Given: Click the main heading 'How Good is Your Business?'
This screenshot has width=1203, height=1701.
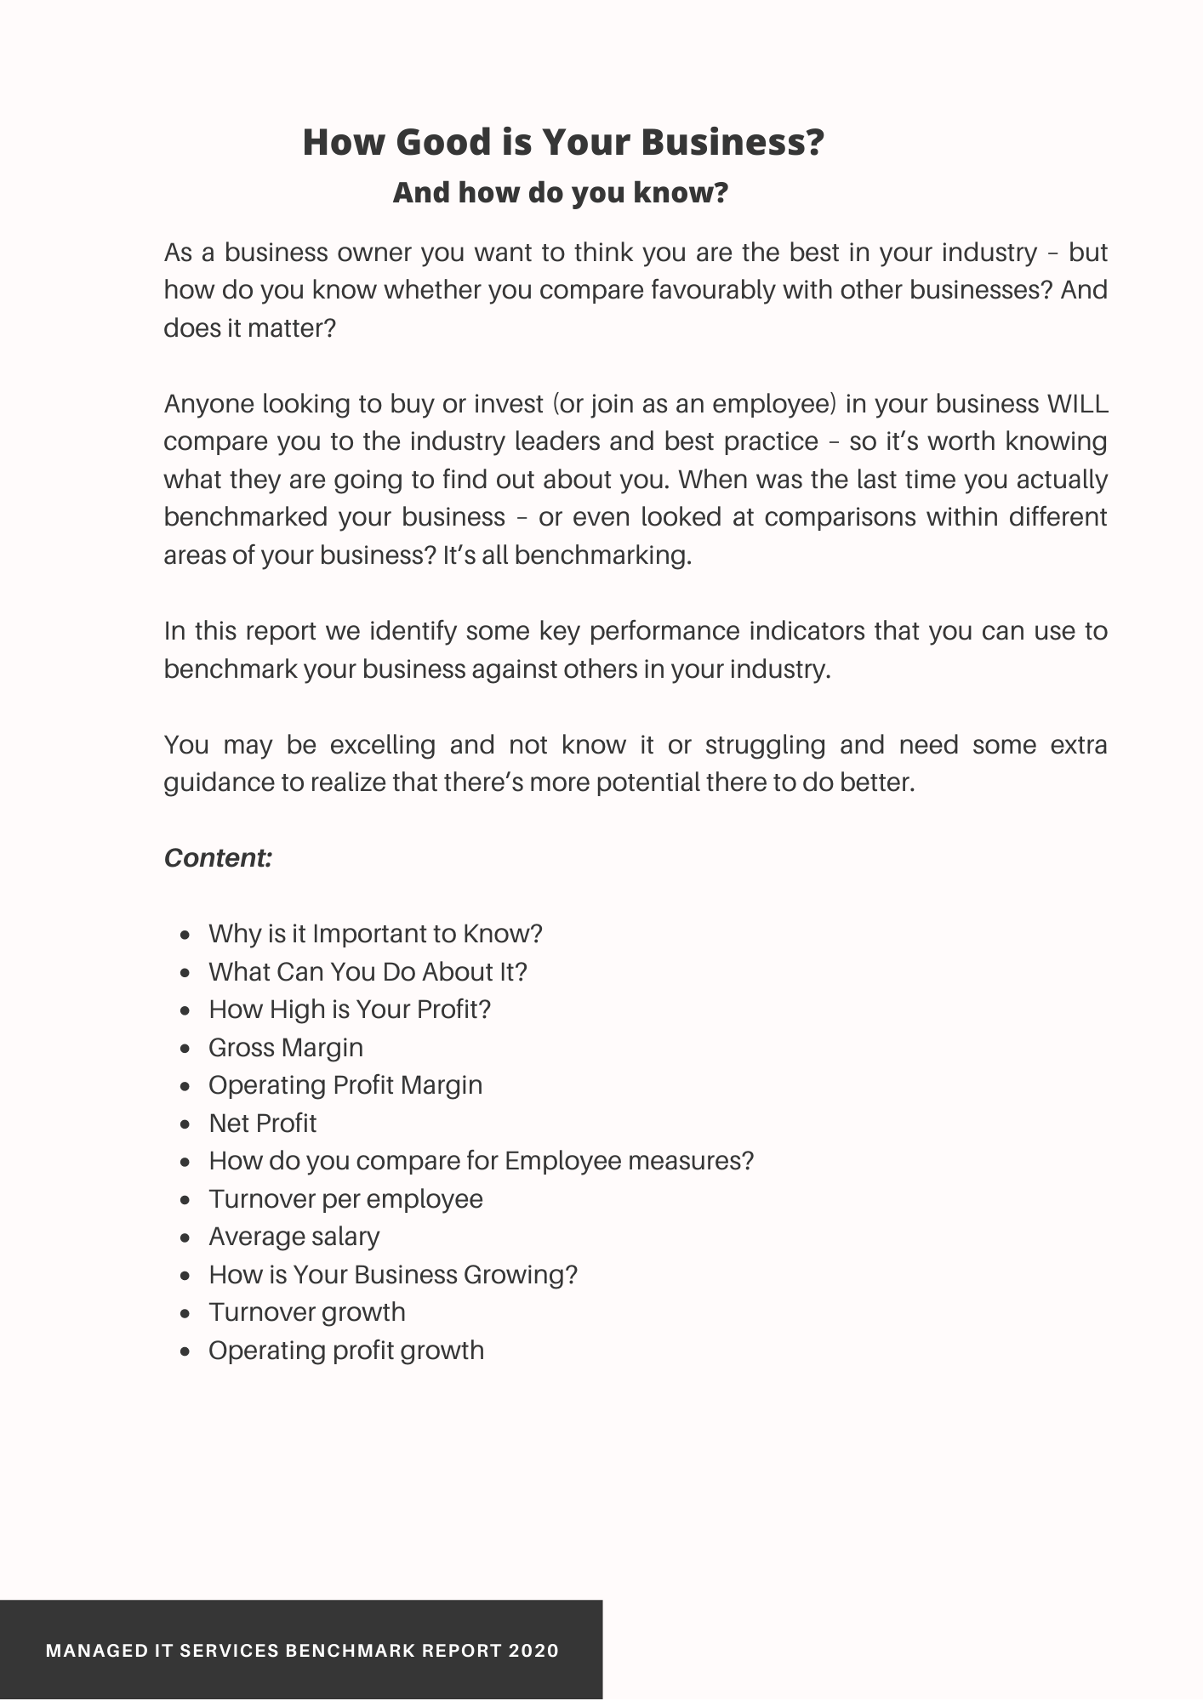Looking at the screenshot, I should [x=563, y=142].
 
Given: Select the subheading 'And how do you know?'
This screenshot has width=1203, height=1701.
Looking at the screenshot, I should [x=560, y=192].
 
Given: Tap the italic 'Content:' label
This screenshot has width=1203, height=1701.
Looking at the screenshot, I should [x=218, y=857].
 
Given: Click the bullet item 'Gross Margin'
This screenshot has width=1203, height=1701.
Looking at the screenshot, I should [x=285, y=1047].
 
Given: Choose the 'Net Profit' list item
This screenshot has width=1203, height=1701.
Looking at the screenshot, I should [x=262, y=1123].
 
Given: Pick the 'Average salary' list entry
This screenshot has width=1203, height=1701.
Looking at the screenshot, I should [x=294, y=1236].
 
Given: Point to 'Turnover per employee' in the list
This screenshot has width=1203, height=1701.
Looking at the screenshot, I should [x=345, y=1198].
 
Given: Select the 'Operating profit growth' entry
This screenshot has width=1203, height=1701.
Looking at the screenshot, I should [x=345, y=1350].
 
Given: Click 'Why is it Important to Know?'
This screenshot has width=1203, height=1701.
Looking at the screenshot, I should [x=375, y=934].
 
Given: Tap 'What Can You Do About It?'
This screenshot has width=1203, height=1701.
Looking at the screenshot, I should [x=368, y=971].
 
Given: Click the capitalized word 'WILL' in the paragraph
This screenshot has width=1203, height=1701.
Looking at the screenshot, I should [x=1077, y=403].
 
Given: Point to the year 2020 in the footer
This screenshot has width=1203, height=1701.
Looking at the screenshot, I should [x=533, y=1651].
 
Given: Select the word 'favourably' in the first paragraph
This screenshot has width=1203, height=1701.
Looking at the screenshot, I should [x=713, y=290].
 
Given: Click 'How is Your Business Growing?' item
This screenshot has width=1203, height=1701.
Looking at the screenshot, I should [x=392, y=1274].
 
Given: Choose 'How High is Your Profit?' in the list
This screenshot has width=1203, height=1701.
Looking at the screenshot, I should [x=350, y=1009].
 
